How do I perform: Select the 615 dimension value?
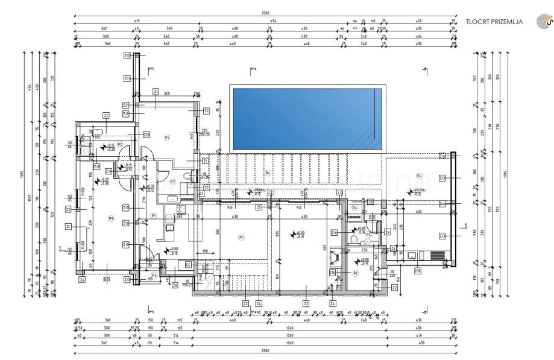tap(137, 21)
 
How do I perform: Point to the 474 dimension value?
tap(272, 21)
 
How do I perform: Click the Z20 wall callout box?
tap(146, 134)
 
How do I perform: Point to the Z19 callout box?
tap(97, 166)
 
